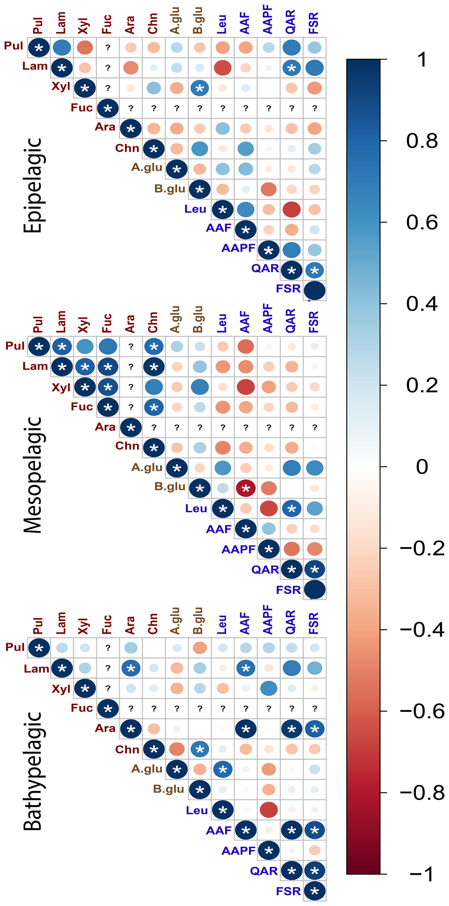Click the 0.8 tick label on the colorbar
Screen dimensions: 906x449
point(422,141)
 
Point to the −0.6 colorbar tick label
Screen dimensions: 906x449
point(422,711)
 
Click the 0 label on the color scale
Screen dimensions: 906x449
point(422,467)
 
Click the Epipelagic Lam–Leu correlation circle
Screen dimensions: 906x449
point(222,68)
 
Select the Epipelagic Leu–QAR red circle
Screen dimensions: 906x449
point(291,210)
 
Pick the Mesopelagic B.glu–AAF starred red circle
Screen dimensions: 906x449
point(246,488)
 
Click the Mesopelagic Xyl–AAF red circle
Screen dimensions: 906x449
point(246,387)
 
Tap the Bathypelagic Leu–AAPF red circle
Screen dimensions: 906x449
point(268,810)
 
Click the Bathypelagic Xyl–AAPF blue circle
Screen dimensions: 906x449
point(268,688)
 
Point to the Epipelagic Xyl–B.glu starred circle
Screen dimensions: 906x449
point(200,88)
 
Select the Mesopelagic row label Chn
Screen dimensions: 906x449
point(127,446)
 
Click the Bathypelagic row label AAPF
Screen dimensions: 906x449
point(238,851)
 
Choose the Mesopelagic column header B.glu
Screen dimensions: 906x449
point(198,319)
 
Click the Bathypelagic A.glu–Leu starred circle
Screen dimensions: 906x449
point(222,769)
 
